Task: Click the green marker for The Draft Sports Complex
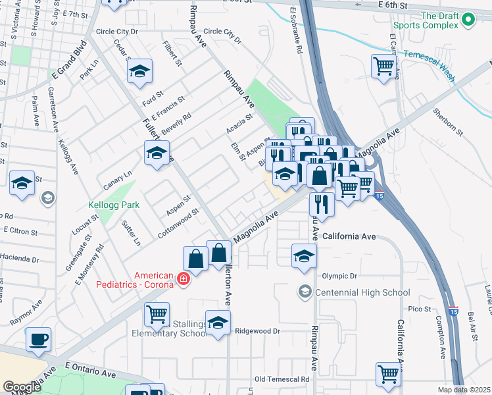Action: pyautogui.click(x=468, y=20)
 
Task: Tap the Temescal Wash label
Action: pyautogui.click(x=430, y=66)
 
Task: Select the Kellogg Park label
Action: pyautogui.click(x=114, y=205)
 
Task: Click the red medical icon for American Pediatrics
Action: pyautogui.click(x=182, y=281)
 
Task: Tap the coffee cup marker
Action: pyautogui.click(x=38, y=339)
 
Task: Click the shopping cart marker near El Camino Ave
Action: pyautogui.click(x=383, y=66)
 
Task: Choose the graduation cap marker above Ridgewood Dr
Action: pyautogui.click(x=218, y=323)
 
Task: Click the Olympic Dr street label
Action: pyautogui.click(x=339, y=276)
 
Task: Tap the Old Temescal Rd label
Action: pyautogui.click(x=282, y=379)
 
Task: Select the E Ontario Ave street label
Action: pyautogui.click(x=90, y=369)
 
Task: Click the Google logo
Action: pyautogui.click(x=22, y=387)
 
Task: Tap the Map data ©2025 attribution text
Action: pyautogui.click(x=464, y=390)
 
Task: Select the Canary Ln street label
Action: pyautogui.click(x=118, y=179)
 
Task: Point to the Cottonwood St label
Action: pyautogui.click(x=178, y=224)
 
